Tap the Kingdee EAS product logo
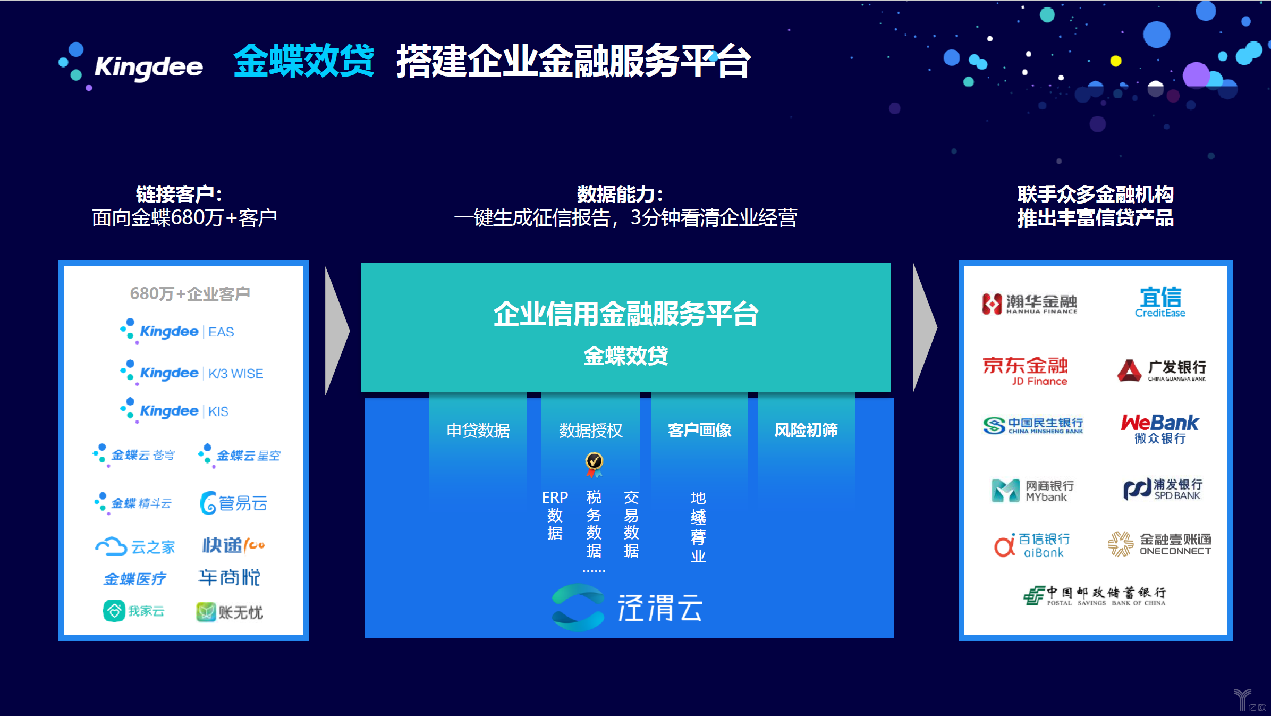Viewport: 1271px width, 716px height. tap(177, 331)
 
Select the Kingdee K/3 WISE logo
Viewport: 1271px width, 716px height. tap(192, 373)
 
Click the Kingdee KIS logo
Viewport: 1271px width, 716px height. tap(175, 411)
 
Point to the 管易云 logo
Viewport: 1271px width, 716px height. tap(234, 503)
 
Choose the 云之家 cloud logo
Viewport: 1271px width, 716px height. tap(135, 546)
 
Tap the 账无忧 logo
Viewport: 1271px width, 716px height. tap(230, 612)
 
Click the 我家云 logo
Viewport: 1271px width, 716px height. tap(133, 611)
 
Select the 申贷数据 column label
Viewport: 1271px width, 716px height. tap(478, 430)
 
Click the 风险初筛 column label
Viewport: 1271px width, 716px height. tap(806, 430)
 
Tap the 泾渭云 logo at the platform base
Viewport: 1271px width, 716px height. tap(627, 608)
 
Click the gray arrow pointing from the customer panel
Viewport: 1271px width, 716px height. tap(336, 331)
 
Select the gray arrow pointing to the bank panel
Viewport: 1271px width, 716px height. tap(924, 328)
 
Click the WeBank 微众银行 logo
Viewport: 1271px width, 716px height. tap(1159, 428)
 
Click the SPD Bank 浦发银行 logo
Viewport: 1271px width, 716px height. tap(1162, 489)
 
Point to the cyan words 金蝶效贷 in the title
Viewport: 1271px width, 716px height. tap(304, 61)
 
